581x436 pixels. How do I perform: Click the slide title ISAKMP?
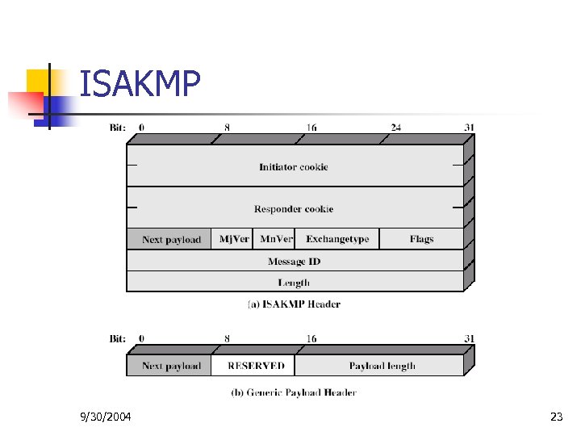[140, 83]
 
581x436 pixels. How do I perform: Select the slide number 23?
[556, 417]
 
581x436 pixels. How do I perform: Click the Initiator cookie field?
[294, 167]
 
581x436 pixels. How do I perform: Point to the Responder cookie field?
[294, 209]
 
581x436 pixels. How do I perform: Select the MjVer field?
[234, 239]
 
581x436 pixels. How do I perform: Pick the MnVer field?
[276, 239]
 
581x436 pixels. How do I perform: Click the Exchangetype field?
[337, 239]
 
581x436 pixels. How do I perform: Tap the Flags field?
[421, 239]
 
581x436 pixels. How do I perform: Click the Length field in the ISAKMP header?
[294, 283]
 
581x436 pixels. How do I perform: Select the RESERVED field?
[256, 366]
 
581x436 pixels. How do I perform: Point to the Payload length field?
[382, 366]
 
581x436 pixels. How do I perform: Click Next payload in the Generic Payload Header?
[171, 366]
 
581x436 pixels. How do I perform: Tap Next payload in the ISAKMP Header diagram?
[171, 240]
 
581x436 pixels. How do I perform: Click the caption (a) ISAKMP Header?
[293, 304]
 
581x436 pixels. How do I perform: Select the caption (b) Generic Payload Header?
[293, 392]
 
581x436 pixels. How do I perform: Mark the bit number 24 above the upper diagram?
[395, 127]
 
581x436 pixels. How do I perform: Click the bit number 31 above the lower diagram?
[469, 339]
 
